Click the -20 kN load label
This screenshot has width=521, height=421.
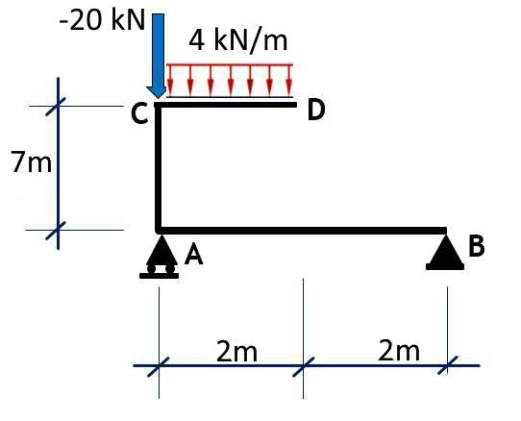click(100, 22)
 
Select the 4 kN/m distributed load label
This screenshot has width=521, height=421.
click(237, 40)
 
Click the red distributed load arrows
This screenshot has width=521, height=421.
click(230, 81)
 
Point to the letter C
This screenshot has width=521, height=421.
click(139, 115)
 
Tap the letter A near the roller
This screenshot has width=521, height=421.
click(193, 255)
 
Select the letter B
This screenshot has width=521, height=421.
click(477, 246)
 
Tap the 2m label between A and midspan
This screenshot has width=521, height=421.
click(236, 352)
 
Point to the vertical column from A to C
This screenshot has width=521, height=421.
click(159, 168)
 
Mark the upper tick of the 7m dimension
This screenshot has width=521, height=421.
click(58, 105)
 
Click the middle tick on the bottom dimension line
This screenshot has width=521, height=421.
click(303, 365)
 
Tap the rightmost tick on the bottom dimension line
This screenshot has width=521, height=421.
click(447, 365)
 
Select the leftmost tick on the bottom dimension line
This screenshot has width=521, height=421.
click(159, 365)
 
